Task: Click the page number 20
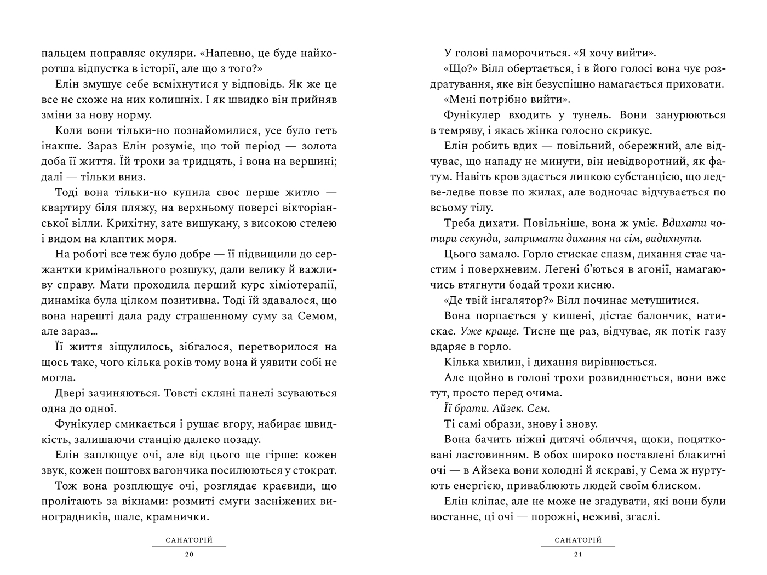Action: pyautogui.click(x=189, y=555)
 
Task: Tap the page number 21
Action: pyautogui.click(x=577, y=555)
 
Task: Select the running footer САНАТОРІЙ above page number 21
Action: pyautogui.click(x=578, y=540)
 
